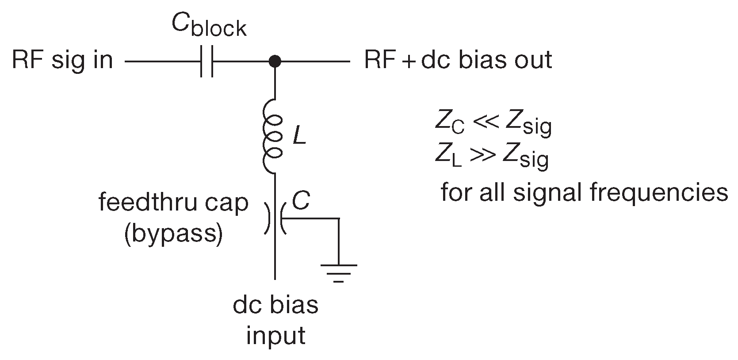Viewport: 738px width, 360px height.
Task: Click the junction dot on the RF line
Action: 275,61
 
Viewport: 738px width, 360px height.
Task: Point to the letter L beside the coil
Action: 299,138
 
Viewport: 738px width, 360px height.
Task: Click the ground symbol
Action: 338,272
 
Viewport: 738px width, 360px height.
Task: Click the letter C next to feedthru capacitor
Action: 301,202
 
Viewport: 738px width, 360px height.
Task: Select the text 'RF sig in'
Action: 62,61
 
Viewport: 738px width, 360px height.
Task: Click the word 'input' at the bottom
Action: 275,336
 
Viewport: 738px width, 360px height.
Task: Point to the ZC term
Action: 449,125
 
